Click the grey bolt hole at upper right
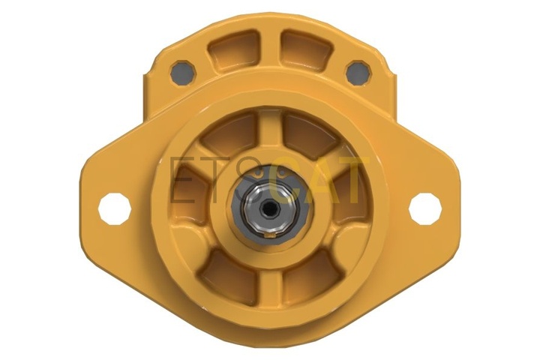pyautogui.click(x=358, y=72)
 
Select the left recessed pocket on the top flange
pyautogui.click(x=234, y=52)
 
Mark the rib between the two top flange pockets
pyautogui.click(x=270, y=49)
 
